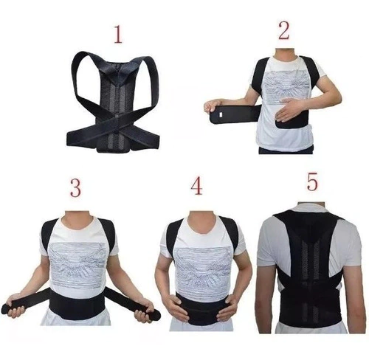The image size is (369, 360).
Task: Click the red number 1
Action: pos(118,35)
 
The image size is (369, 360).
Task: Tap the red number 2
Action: pos(284,30)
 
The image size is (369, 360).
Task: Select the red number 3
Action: pos(75,187)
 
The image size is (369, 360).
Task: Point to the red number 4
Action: pos(196,186)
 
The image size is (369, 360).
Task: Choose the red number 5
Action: pos(312,181)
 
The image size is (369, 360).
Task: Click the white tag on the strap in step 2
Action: pos(221,114)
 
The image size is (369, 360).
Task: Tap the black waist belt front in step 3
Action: pos(77,305)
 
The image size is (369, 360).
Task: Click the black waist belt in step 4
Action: pos(201,309)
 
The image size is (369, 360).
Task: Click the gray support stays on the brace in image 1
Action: pos(116,111)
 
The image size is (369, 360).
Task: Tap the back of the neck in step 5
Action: pos(311,205)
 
